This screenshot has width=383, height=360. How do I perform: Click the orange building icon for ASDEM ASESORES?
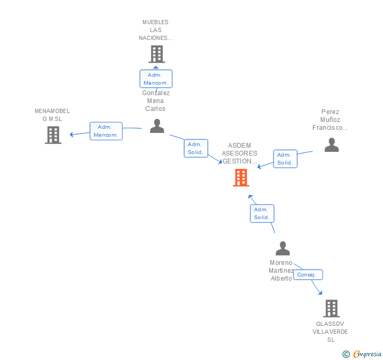point(240,178)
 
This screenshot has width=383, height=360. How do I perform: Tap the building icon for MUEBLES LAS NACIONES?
point(156,54)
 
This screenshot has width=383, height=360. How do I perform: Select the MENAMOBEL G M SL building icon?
point(53,135)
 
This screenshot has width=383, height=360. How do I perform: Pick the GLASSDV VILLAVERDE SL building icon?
point(331,308)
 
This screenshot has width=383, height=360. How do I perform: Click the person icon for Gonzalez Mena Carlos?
point(157,126)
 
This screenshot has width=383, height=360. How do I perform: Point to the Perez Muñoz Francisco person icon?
point(331,145)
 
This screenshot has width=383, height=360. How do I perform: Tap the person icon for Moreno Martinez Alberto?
point(283,248)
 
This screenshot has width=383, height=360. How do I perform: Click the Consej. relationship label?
point(308,275)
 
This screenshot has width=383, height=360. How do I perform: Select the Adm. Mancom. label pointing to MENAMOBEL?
point(106,131)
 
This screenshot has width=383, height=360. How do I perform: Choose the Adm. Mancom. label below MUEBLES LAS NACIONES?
point(156,79)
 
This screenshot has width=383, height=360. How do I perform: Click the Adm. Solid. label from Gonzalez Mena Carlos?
point(196,148)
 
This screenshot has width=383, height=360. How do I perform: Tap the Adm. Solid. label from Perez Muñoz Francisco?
point(285,159)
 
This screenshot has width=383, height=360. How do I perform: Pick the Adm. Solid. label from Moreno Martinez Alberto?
point(261,213)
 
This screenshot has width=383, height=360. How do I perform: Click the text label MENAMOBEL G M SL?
point(52,115)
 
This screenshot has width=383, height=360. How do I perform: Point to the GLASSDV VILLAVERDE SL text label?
point(330,332)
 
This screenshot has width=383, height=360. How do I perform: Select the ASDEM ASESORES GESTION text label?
point(239,153)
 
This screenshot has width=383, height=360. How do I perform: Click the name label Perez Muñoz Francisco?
point(330,120)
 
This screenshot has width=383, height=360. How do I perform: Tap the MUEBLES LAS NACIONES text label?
point(156,30)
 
